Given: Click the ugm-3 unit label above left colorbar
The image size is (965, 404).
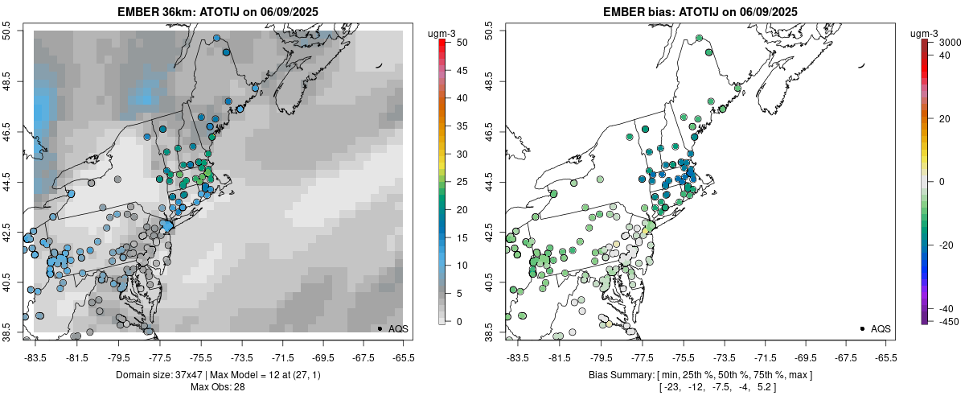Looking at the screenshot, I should pyautogui.click(x=442, y=32).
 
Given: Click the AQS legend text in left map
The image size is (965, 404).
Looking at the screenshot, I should pyautogui.click(x=398, y=329).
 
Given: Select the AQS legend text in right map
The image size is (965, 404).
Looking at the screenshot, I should pyautogui.click(x=881, y=329).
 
